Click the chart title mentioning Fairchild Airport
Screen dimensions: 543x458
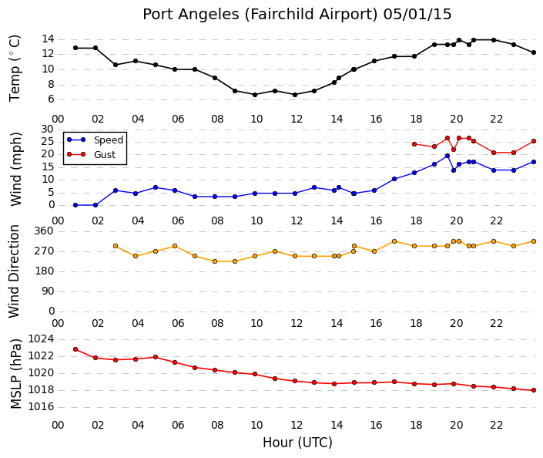click(297, 15)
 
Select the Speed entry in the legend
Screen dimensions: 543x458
click(109, 140)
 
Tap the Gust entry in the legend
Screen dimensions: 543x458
click(105, 155)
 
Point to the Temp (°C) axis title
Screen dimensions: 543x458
click(15, 69)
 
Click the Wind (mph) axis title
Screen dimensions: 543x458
click(16, 169)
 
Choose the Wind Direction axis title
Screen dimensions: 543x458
click(14, 271)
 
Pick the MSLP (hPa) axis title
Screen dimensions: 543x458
click(16, 373)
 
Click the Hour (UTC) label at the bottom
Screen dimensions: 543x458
click(297, 443)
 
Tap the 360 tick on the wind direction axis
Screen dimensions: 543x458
click(45, 231)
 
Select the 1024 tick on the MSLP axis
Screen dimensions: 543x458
click(42, 338)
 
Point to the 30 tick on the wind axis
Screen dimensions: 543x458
click(48, 130)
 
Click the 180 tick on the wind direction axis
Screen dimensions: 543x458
click(45, 271)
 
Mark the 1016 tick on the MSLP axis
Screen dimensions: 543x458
click(42, 406)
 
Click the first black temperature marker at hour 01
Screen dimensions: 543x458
click(75, 48)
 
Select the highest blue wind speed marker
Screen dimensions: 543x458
click(447, 156)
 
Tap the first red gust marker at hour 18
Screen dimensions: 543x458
click(414, 144)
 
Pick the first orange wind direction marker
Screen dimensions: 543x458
click(116, 246)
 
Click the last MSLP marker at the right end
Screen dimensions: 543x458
click(534, 390)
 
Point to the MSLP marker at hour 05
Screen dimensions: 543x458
click(156, 357)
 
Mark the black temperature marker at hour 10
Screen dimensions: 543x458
click(255, 95)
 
